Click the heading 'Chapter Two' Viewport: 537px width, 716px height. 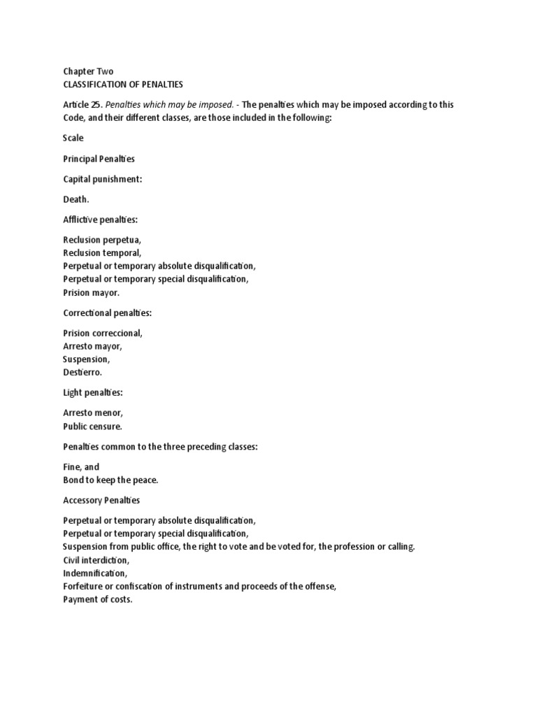(88, 71)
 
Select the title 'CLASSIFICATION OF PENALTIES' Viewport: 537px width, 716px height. (123, 85)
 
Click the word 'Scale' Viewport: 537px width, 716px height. (73, 138)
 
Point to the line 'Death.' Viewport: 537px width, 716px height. (76, 199)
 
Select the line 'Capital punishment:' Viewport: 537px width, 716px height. (103, 179)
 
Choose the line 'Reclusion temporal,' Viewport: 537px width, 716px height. (102, 252)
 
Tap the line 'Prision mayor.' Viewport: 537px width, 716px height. (92, 293)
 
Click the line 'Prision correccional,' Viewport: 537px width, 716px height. (103, 334)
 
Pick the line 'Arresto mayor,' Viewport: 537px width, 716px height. (93, 346)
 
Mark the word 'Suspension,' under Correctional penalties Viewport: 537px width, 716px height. (86, 359)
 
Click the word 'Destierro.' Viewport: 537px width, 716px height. (83, 373)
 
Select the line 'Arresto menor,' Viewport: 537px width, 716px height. (93, 413)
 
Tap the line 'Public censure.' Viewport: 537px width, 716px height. (92, 427)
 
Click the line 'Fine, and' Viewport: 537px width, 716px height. (81, 467)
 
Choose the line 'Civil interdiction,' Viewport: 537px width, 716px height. (96, 560)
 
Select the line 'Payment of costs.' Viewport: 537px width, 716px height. (97, 600)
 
